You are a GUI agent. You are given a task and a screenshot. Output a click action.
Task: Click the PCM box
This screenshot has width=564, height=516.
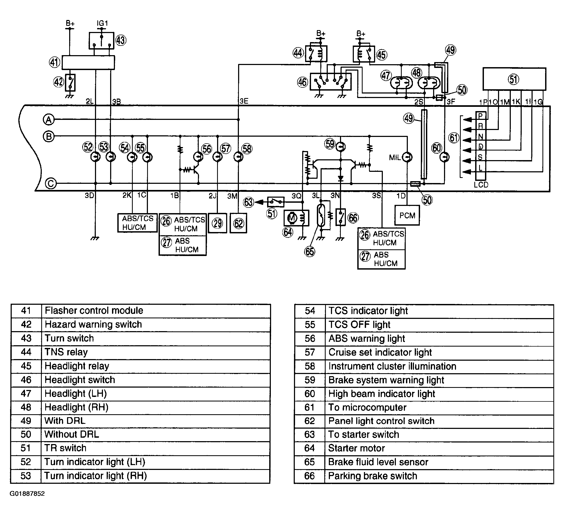(x=407, y=215)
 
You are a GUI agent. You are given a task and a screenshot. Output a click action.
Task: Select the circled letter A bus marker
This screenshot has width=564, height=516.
(x=49, y=120)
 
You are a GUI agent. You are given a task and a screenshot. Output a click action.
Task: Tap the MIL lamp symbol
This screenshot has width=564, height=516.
(x=407, y=157)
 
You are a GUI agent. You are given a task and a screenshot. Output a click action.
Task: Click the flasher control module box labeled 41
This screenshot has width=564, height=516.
(x=88, y=62)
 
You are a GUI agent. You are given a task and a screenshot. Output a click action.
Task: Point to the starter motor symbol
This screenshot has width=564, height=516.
(x=296, y=218)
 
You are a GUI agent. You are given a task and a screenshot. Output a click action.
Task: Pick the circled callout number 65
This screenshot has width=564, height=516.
(x=309, y=251)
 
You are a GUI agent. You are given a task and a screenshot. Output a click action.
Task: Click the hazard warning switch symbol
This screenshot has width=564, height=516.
(x=70, y=83)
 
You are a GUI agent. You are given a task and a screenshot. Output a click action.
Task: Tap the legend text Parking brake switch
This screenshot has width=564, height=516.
(x=372, y=476)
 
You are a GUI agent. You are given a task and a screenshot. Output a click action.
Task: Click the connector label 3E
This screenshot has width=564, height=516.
(x=244, y=101)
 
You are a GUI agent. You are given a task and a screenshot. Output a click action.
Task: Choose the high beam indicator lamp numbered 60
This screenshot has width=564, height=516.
(x=444, y=157)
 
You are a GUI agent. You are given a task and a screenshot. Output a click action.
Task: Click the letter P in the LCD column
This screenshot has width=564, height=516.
(x=480, y=116)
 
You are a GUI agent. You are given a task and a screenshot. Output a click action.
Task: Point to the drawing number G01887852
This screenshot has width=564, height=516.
(x=27, y=501)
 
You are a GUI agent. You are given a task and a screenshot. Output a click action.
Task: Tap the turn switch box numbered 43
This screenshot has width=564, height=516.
(x=102, y=40)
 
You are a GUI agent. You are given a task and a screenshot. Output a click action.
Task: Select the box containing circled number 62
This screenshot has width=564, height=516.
(x=238, y=223)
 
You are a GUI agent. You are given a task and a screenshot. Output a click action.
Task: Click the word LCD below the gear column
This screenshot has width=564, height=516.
(x=481, y=185)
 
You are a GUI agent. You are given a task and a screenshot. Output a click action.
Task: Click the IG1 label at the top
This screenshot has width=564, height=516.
(x=102, y=23)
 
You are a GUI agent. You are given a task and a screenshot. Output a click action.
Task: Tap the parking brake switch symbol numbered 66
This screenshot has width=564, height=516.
(x=341, y=217)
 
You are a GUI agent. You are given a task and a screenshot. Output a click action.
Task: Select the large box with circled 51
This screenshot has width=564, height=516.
(x=514, y=79)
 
